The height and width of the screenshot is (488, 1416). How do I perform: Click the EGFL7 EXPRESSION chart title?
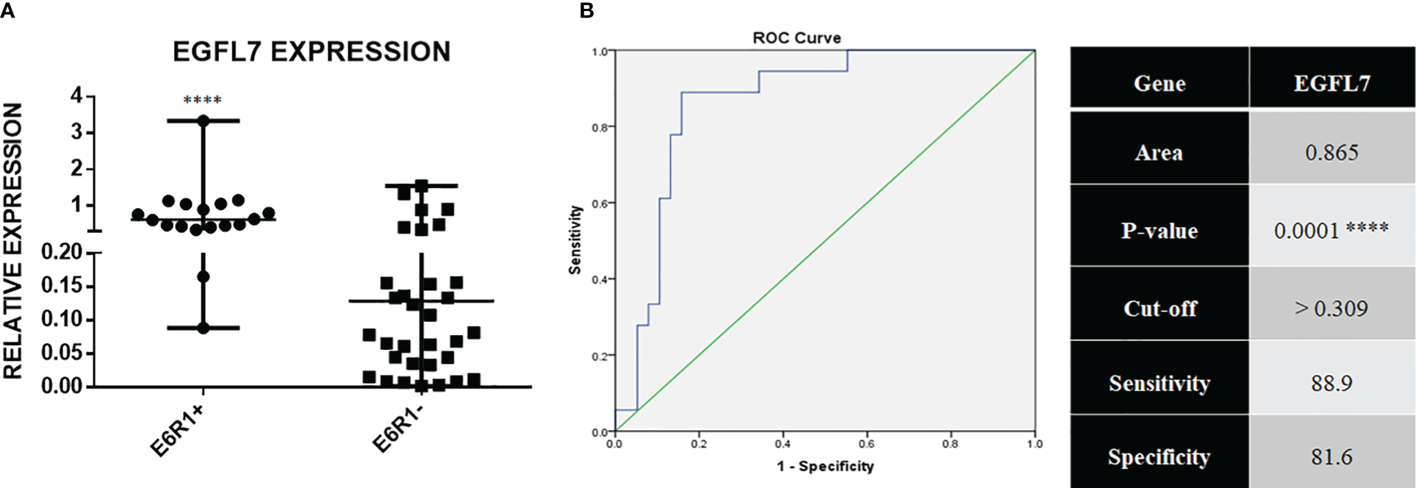point(312,52)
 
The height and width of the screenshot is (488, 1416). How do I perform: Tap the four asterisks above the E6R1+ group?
point(202,100)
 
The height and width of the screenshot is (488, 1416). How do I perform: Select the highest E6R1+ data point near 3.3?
point(204,121)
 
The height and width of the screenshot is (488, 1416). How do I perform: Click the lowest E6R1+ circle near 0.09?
point(204,328)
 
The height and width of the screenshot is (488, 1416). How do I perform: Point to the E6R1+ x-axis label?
point(176,431)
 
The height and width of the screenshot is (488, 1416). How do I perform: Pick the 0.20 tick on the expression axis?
point(62,252)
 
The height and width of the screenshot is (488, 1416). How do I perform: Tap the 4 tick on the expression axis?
point(77,96)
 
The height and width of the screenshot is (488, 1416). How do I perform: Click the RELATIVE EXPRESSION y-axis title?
point(13,241)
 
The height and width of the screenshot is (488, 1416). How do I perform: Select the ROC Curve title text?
point(797,38)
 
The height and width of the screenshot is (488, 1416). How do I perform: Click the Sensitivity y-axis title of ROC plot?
point(575,240)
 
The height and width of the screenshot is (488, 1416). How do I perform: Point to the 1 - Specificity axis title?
point(825,467)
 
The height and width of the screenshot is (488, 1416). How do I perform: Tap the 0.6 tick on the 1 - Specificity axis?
point(866,444)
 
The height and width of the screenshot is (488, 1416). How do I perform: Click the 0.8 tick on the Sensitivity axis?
point(600,128)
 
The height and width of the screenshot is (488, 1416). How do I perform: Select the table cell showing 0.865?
point(1331,153)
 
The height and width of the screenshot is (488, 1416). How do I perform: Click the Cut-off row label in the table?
point(1160,309)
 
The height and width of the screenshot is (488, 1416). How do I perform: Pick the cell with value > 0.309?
point(1331,309)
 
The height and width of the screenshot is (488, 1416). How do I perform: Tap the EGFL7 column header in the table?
point(1331,83)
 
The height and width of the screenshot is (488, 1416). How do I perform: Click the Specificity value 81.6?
point(1331,457)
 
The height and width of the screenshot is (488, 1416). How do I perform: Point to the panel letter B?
point(586,10)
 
